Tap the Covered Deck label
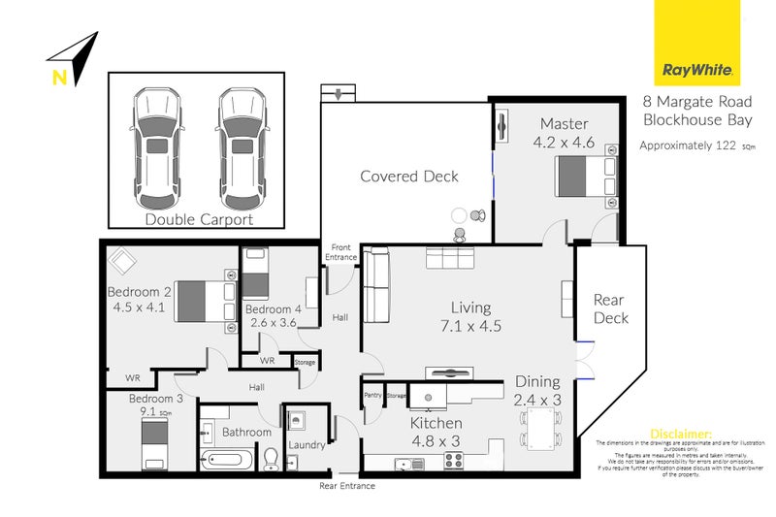click(409, 177)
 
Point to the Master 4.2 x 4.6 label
click(564, 132)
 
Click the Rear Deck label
click(610, 308)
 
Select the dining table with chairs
click(540, 428)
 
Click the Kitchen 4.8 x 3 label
click(436, 432)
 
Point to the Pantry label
click(372, 395)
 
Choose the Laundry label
click(307, 445)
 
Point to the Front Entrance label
click(340, 251)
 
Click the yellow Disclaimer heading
click(681, 433)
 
